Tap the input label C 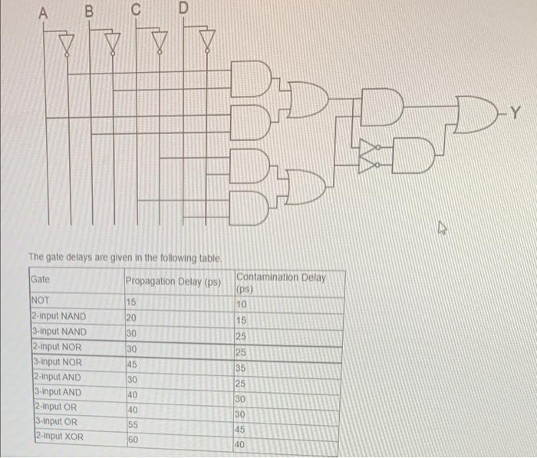(x=136, y=10)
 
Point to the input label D (x=183, y=8)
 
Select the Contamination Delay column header (x=281, y=282)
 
